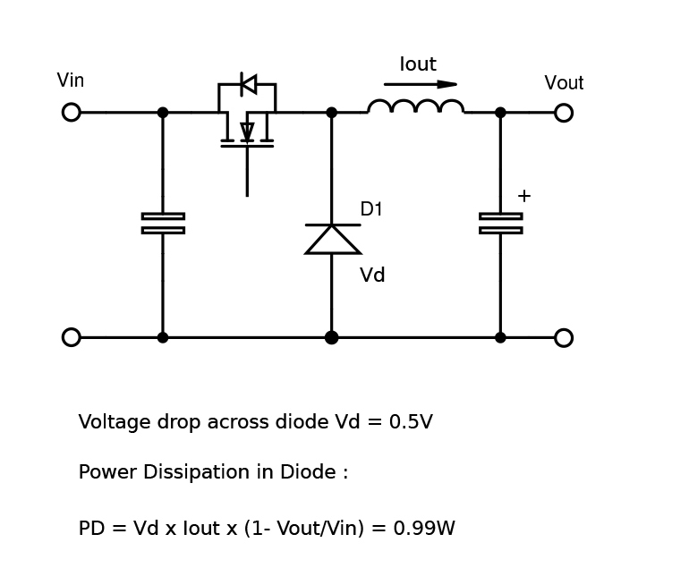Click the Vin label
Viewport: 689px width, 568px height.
click(70, 81)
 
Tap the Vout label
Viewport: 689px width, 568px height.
click(564, 83)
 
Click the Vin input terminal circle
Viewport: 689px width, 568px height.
click(72, 112)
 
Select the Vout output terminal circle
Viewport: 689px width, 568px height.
click(564, 113)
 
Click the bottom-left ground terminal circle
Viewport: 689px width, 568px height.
click(72, 337)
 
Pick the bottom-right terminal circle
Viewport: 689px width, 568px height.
click(564, 337)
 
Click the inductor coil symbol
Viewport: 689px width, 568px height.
click(416, 107)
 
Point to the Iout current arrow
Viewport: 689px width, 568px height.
click(421, 84)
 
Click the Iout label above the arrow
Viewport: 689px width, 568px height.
click(418, 64)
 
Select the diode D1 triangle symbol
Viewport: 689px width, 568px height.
click(332, 239)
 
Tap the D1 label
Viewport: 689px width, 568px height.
click(371, 209)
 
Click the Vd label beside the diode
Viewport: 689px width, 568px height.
click(372, 276)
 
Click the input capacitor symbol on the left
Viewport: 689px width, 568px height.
click(163, 223)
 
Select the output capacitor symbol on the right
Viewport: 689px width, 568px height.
click(500, 223)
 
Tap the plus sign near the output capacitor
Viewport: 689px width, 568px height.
click(524, 196)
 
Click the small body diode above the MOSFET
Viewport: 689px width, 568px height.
click(248, 84)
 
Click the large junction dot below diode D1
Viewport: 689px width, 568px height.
click(332, 337)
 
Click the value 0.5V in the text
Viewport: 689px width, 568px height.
click(411, 422)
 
